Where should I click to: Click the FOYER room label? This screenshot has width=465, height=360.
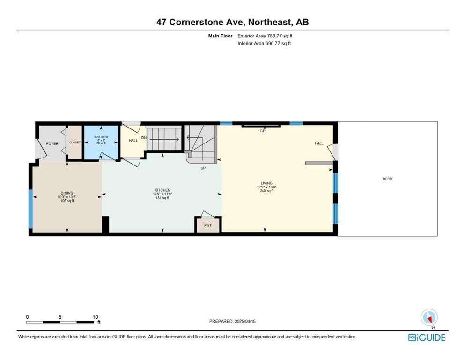coord(52,143)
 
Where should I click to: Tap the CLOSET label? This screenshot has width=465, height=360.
coord(75,142)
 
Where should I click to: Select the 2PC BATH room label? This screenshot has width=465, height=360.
coord(101,137)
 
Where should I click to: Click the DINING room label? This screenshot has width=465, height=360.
coord(67,193)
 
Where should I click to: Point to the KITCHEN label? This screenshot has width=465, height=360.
coord(162,190)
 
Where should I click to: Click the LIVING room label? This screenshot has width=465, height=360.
coord(266,183)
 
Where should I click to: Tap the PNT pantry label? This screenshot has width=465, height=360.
coord(208,225)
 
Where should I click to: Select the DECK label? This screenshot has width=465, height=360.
coord(387,179)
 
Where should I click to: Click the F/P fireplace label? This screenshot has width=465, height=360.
coord(262,131)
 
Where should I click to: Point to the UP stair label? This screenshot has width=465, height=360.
coord(203,168)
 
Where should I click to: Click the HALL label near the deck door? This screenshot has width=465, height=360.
coord(319,143)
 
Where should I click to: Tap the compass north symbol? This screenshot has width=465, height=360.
coord(429,318)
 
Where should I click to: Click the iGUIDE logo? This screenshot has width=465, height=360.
coord(427,337)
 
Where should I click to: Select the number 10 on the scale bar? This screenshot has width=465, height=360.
coord(95,317)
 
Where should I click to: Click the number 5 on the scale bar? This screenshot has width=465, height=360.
coord(60,317)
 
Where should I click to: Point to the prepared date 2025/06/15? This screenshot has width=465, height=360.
coord(245,321)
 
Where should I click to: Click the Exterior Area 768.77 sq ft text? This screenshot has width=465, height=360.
coord(265,36)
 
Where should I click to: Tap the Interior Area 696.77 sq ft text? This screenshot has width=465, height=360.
coord(264,43)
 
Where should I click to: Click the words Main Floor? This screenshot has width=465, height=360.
coord(221,36)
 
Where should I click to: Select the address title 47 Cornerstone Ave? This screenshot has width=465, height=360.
coord(201,22)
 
